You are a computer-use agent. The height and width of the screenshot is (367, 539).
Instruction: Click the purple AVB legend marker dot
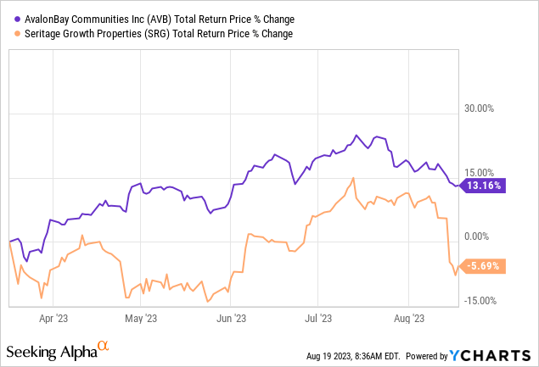pyautogui.click(x=19, y=18)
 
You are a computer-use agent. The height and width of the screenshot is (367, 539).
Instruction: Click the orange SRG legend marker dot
pyautogui.click(x=19, y=34)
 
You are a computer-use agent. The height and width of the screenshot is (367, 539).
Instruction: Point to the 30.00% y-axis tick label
pyautogui.click(x=487, y=108)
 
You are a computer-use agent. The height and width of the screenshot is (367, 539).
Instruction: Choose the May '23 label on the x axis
pyautogui.click(x=140, y=319)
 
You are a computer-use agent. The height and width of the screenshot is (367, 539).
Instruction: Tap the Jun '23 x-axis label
pyautogui.click(x=231, y=319)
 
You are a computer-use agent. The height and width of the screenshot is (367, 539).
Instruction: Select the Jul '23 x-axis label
pyautogui.click(x=317, y=319)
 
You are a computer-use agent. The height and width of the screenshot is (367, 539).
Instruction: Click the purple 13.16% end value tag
pyautogui.click(x=483, y=186)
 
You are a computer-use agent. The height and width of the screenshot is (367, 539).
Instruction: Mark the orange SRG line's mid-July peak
pyautogui.click(x=352, y=179)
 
